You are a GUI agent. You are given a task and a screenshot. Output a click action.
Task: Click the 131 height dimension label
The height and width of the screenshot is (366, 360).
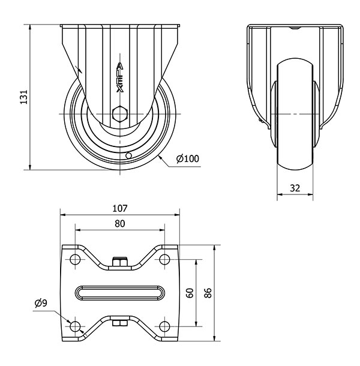click(24, 97)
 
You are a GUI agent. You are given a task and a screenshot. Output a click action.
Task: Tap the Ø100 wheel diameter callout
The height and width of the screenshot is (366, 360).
click(188, 159)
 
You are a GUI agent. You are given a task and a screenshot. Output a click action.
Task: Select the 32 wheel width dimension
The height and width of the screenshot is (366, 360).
click(295, 188)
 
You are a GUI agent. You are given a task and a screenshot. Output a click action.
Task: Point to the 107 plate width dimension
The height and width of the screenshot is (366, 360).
click(120, 208)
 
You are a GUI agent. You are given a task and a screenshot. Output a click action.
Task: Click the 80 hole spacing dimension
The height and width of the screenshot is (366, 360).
click(120, 224)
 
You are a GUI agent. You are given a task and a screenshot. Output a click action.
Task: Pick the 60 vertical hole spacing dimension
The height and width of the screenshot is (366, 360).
click(190, 293)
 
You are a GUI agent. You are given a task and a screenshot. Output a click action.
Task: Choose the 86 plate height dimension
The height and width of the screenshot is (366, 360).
click(208, 293)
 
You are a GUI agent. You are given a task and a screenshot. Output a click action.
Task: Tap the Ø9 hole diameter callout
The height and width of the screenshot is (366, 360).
click(41, 303)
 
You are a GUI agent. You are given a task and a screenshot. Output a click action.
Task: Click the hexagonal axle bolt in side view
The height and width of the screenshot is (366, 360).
click(120, 113)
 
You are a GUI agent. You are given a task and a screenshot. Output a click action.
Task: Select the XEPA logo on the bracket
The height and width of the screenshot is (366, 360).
click(120, 77)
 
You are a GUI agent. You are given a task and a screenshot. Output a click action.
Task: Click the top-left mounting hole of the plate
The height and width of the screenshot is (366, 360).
click(75, 259)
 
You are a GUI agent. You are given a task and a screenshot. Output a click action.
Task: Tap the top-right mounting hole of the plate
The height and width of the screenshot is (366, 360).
click(164, 259)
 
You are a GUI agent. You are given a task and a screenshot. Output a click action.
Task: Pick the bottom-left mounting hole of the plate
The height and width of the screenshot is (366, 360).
click(75, 326)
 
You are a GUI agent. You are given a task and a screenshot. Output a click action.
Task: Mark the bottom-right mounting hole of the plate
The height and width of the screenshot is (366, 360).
click(164, 326)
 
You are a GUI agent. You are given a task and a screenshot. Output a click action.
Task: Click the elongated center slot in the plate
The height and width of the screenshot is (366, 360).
click(120, 293)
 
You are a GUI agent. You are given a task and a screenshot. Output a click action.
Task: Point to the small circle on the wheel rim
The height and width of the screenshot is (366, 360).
click(128, 155)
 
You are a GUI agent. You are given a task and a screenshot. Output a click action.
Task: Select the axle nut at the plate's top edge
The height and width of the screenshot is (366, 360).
click(120, 262)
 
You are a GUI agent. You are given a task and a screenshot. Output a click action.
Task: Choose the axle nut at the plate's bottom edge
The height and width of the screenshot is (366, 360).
click(120, 323)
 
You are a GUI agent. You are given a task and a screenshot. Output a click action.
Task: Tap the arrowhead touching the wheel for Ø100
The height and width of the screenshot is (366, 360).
click(161, 158)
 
